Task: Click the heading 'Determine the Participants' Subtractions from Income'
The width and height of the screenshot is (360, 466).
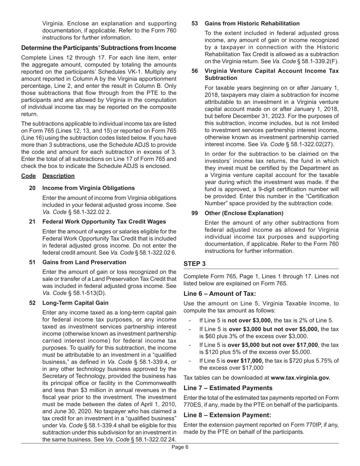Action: tap(99, 48)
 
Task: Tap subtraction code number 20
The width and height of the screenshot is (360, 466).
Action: tap(32, 188)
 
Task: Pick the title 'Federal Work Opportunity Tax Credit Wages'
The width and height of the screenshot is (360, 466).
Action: tap(104, 222)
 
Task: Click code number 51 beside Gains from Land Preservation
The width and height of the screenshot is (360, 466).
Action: tap(32, 262)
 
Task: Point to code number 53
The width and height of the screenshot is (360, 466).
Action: tap(194, 23)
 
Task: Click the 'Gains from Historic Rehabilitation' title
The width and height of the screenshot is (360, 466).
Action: tap(252, 23)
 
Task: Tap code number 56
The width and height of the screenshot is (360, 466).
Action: tap(194, 71)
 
